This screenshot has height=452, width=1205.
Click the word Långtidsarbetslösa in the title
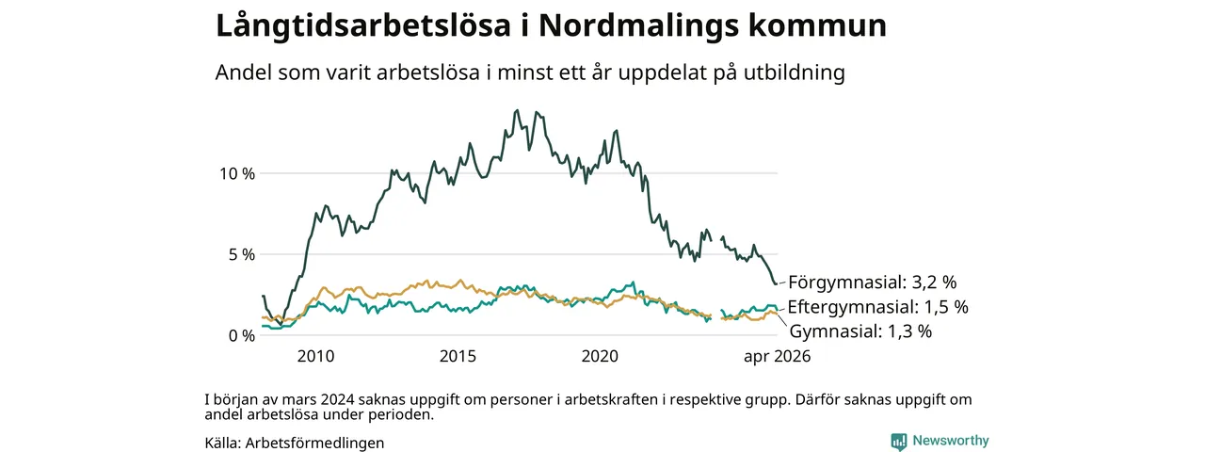(363, 25)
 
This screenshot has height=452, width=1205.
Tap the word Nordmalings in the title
(638, 25)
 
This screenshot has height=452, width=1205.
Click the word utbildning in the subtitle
(795, 73)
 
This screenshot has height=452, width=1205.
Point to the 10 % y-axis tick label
(237, 174)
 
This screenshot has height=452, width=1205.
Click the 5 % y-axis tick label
(242, 254)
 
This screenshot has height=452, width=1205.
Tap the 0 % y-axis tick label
(242, 336)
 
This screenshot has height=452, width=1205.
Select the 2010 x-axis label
(315, 356)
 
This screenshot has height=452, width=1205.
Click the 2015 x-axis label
(458, 356)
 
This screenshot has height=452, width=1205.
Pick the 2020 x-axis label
(600, 356)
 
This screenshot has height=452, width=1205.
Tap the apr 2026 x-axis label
(777, 356)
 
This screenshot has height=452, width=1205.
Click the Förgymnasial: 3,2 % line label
(873, 282)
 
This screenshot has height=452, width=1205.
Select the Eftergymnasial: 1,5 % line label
(878, 307)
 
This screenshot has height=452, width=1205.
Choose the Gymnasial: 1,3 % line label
(860, 331)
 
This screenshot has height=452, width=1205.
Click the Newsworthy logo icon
(899, 442)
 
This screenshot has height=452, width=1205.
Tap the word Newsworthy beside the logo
(951, 441)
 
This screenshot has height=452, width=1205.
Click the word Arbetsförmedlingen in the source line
(314, 443)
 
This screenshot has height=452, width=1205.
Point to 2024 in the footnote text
(337, 400)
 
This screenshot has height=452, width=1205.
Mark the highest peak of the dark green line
(517, 110)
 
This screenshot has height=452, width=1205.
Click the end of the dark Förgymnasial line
(777, 283)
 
